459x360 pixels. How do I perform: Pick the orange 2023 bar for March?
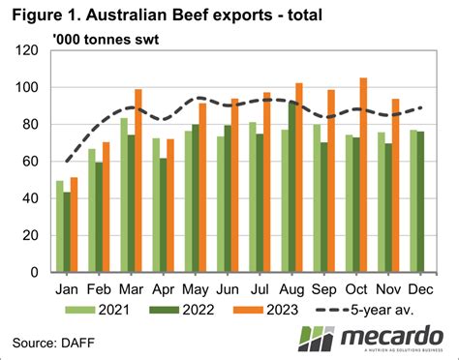[138, 181]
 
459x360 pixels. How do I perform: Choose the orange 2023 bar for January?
[74, 225]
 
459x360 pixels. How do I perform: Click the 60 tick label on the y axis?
[33, 162]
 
